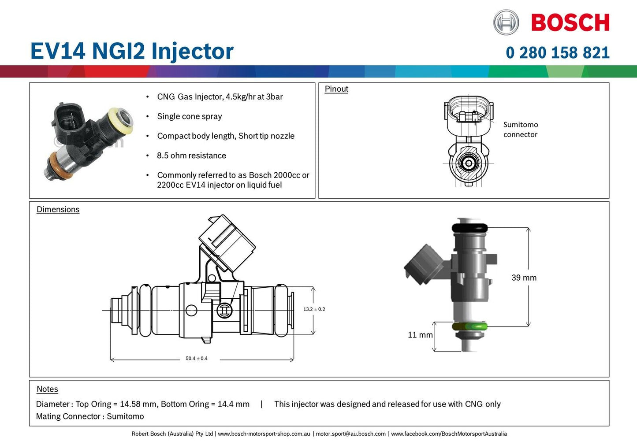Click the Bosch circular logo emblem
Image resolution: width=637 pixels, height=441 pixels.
[x=506, y=22]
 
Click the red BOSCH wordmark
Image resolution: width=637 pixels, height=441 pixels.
[x=570, y=23]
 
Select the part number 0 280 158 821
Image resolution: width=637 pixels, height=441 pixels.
[x=557, y=53]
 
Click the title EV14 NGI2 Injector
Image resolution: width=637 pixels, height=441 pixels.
[x=132, y=51]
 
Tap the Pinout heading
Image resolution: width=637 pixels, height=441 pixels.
[x=336, y=89]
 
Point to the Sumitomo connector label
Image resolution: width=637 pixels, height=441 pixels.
[x=521, y=130]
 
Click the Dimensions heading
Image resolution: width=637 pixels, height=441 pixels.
[x=58, y=210]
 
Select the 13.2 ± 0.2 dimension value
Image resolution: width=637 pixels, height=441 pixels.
[x=314, y=309]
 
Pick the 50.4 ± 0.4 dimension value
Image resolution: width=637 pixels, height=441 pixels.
[x=196, y=359]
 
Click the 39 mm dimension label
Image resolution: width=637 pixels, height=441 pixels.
[x=524, y=278]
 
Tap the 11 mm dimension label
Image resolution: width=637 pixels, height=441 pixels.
[x=420, y=335]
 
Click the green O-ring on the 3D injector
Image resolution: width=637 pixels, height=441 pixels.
[x=469, y=327]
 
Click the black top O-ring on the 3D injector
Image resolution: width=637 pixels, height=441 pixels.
[x=469, y=228]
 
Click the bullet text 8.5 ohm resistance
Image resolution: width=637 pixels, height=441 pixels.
[x=191, y=156]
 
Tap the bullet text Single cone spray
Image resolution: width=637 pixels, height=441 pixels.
[x=190, y=116]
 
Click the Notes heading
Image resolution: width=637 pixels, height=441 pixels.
[x=47, y=389]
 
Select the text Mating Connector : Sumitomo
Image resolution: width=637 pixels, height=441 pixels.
[x=90, y=416]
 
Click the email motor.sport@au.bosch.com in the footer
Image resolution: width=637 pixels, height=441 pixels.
[x=350, y=434]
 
